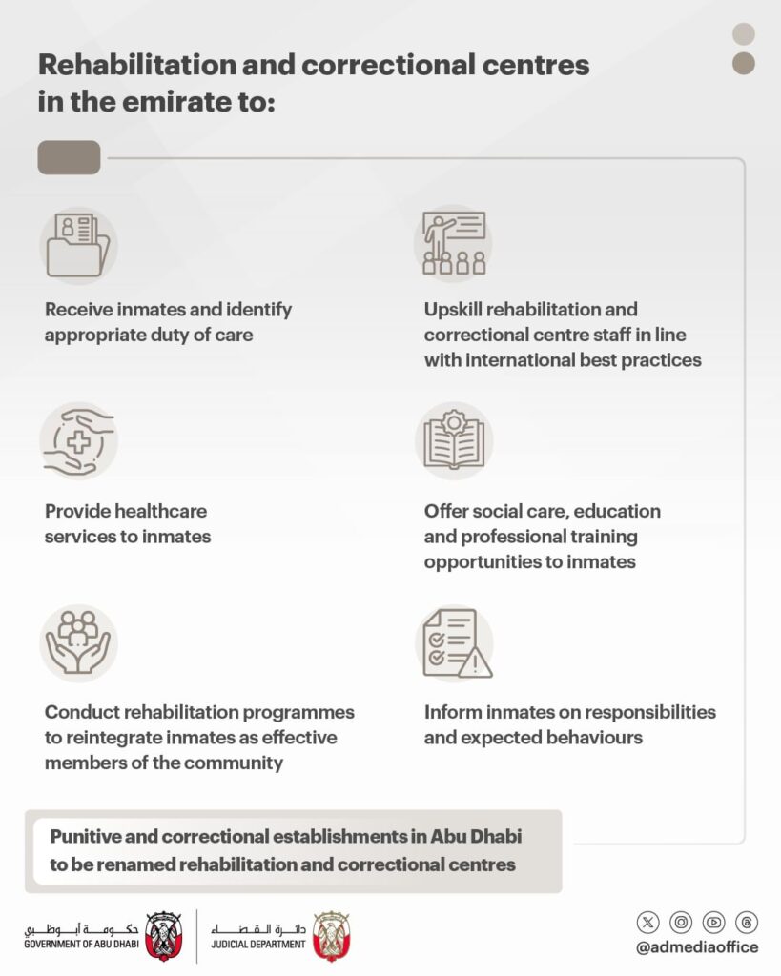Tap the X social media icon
tap(648, 922)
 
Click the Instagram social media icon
tap(681, 922)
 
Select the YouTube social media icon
tap(713, 922)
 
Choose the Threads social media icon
tap(747, 922)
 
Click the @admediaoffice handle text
tap(697, 947)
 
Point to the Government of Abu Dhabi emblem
tap(161, 934)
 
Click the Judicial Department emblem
tap(331, 934)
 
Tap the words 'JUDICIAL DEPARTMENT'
tap(258, 945)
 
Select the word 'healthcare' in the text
tap(160, 511)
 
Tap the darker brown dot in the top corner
tap(744, 64)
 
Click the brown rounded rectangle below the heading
tap(69, 157)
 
